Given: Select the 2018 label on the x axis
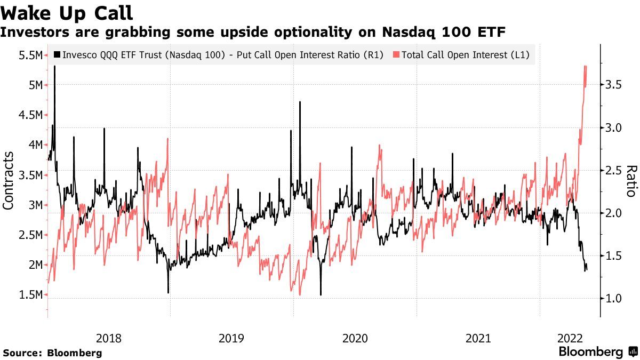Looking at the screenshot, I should tap(108, 338).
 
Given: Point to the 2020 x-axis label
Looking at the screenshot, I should tap(355, 338).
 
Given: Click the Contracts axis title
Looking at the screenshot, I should tap(9, 180).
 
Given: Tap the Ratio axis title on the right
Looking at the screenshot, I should tap(631, 181).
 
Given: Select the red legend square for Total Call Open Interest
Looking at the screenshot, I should tap(395, 54).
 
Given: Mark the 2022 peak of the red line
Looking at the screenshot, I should tap(585, 66).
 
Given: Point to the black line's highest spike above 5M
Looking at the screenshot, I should tap(54, 66).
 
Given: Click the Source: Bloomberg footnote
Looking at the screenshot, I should tap(52, 353).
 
